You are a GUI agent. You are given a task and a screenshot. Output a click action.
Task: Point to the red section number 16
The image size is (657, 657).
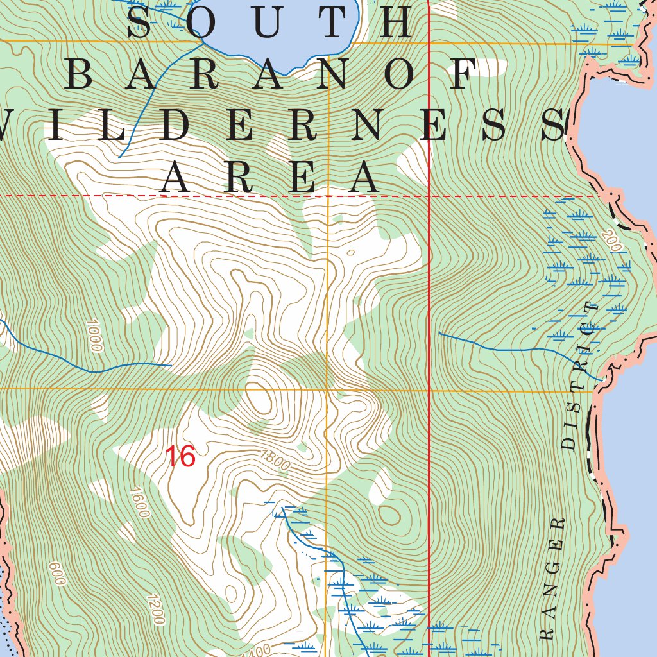tap(180, 457)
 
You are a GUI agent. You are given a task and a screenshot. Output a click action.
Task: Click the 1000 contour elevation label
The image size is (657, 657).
tap(93, 336)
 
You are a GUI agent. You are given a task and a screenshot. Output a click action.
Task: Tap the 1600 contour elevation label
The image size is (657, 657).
tap(139, 504)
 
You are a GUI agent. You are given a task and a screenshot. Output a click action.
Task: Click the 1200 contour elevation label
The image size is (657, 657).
tap(155, 610)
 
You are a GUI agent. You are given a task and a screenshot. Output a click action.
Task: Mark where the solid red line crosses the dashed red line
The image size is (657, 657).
tap(429, 196)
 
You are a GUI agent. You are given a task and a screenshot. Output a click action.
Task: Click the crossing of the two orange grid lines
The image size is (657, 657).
tap(327, 389)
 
